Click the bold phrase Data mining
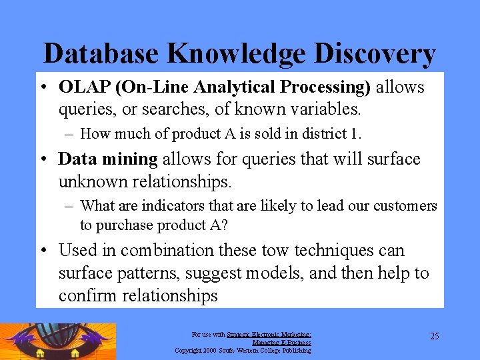[108, 159]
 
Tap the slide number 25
[434, 336]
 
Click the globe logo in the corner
[59, 341]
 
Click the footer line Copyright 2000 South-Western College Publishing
[243, 350]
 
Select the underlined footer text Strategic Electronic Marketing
[269, 335]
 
